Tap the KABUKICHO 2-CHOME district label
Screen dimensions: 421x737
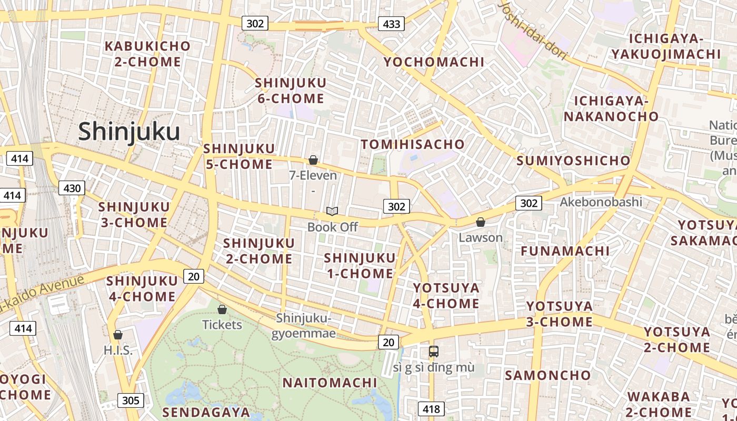coord(147,54)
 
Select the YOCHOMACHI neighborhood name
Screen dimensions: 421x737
coord(434,62)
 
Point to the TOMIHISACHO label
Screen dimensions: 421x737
coord(413,144)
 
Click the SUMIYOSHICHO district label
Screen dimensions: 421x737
coord(573,161)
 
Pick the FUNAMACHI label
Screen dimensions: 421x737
coord(565,251)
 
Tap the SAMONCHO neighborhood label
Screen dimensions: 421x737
coord(547,375)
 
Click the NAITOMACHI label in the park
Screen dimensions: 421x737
coord(330,383)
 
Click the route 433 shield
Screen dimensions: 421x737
coord(391,24)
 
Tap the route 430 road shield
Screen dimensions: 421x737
coord(72,188)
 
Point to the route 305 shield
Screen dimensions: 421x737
coord(130,400)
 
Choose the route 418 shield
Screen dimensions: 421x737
coord(431,408)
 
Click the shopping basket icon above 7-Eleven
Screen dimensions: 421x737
coord(313,160)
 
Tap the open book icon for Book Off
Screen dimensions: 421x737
coord(332,211)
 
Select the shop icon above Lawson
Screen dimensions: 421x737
coord(480,222)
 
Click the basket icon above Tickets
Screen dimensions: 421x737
coord(222,309)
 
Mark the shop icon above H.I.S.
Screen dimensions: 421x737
coord(118,335)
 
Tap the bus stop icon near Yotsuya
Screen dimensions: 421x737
coord(434,351)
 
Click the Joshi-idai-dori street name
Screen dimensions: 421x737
coord(533,29)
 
